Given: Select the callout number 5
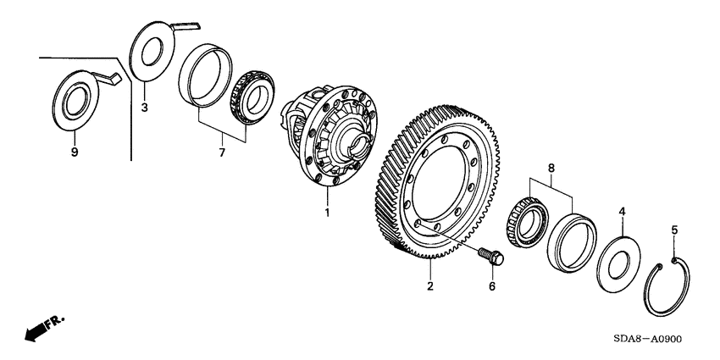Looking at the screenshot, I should coord(675,229).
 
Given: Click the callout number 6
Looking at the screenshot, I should coord(491,287).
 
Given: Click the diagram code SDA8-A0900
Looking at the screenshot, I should coord(640,339).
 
